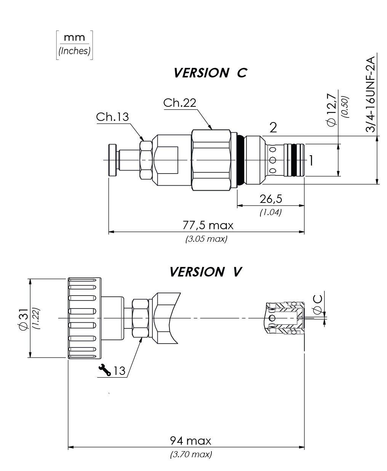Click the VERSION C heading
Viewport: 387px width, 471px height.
tap(210, 73)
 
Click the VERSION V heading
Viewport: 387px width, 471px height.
tap(206, 272)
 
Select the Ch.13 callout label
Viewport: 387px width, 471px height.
tap(112, 117)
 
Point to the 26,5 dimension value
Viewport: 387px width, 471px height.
tap(271, 199)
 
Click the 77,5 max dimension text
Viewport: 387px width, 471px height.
tap(208, 225)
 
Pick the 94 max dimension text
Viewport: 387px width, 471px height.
tap(190, 441)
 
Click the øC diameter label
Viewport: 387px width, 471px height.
tap(317, 304)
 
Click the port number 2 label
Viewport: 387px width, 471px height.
tap(273, 128)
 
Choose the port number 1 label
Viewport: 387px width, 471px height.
tap(311, 161)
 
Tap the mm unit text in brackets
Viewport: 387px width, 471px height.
tap(74, 37)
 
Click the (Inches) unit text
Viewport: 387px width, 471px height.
tap(74, 51)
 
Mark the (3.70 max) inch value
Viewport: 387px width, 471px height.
tap(191, 454)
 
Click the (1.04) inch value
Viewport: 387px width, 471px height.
tap(270, 212)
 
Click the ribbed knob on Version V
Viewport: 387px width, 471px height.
tap(85, 318)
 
